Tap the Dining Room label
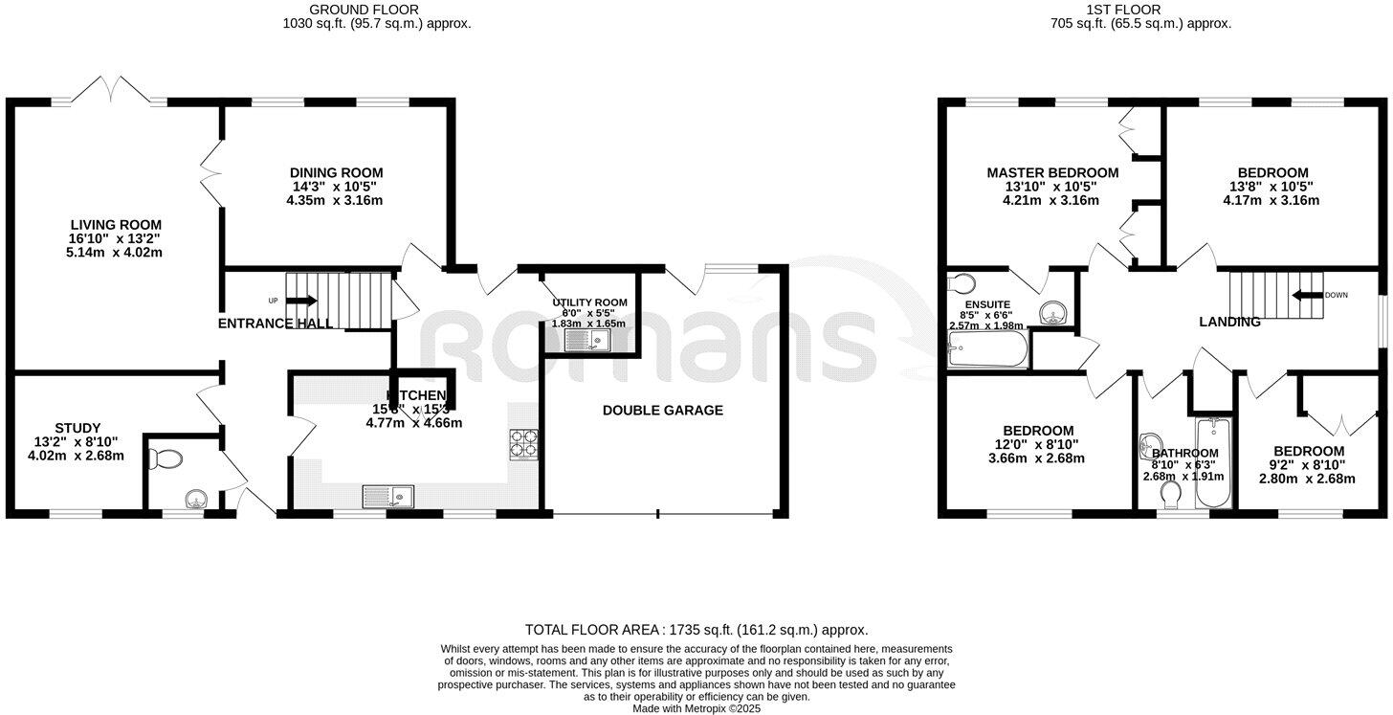pos(336,173)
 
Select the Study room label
pos(77,428)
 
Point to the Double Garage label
pos(662,411)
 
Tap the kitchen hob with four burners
pos(525,443)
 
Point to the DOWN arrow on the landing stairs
pos(1305,296)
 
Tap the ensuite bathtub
pos(987,352)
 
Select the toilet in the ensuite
pos(960,283)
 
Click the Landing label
pos(1229,323)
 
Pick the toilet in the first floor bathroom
pos(1169,495)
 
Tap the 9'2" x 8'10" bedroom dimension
pos(1308,465)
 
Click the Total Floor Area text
pos(696,630)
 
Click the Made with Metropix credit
pos(696,708)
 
